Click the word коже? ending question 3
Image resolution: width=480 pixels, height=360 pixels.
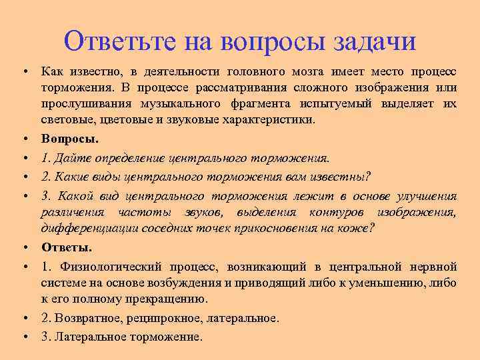click(x=359, y=228)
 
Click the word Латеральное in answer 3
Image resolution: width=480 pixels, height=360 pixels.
click(x=86, y=337)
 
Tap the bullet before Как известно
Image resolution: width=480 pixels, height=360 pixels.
click(x=23, y=71)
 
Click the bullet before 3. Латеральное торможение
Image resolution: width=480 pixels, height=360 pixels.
click(x=23, y=337)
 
